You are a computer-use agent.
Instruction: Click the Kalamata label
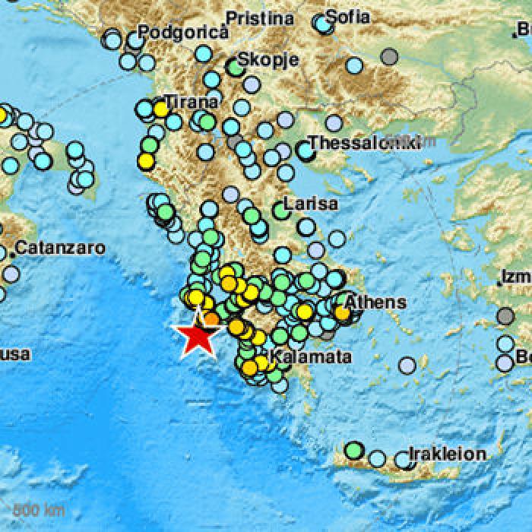pyautogui.click(x=311, y=356)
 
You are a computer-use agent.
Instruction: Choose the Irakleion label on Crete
pyautogui.click(x=448, y=454)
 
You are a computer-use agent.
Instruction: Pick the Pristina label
pyautogui.click(x=260, y=17)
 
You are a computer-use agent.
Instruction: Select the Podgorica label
pyautogui.click(x=182, y=32)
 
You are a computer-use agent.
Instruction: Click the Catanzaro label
pyautogui.click(x=60, y=247)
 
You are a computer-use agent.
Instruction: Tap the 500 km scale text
pyautogui.click(x=28, y=508)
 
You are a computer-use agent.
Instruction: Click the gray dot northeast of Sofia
pyautogui.click(x=390, y=55)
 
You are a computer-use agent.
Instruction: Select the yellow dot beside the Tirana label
pyautogui.click(x=160, y=109)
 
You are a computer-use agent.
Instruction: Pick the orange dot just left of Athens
pyautogui.click(x=342, y=312)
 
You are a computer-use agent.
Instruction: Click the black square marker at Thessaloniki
pyautogui.click(x=306, y=151)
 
